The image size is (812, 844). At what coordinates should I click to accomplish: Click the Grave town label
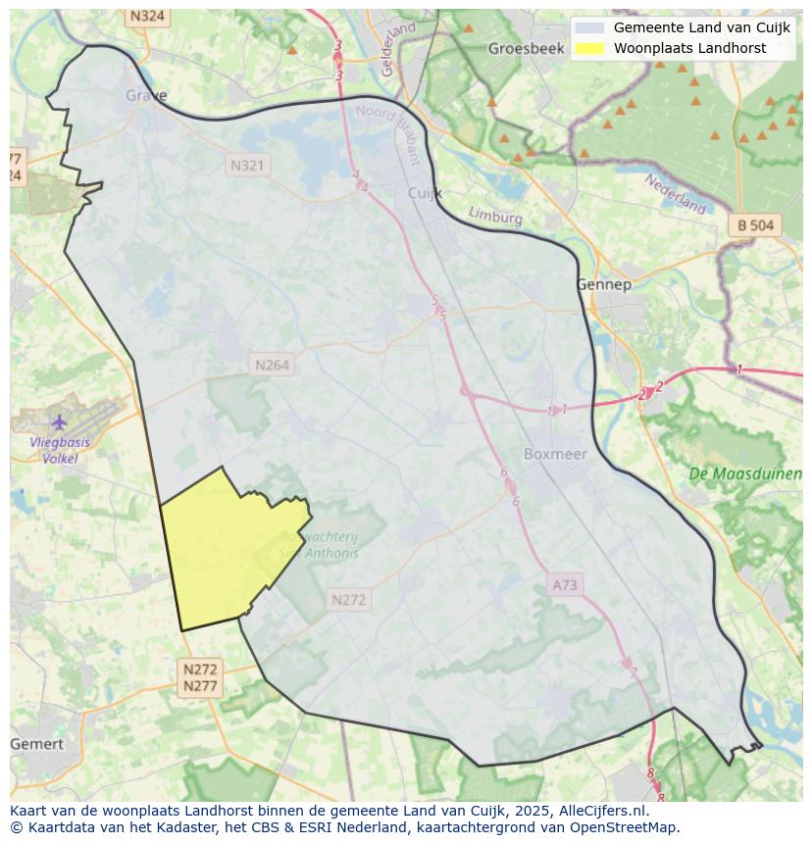coord(146,95)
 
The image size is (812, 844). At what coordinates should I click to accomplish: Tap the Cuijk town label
coord(425,193)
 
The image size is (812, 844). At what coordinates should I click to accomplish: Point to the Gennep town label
coord(603,284)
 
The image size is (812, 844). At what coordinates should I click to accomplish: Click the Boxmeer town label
coord(555,454)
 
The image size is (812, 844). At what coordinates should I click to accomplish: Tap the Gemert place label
coord(36,744)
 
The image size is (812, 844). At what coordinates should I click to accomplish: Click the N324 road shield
coord(147,17)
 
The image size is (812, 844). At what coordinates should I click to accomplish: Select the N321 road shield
coord(247,166)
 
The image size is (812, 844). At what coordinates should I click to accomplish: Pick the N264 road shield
coord(272,365)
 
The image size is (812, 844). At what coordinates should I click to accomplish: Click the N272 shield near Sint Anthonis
coord(348,600)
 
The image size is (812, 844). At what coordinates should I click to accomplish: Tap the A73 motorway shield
coord(565,585)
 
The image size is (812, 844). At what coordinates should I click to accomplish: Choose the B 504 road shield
coord(755,225)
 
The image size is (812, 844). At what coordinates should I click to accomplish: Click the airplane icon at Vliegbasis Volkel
coord(60,422)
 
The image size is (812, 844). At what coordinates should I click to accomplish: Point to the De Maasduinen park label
coord(744,473)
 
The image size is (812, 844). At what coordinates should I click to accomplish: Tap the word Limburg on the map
coord(495,216)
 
